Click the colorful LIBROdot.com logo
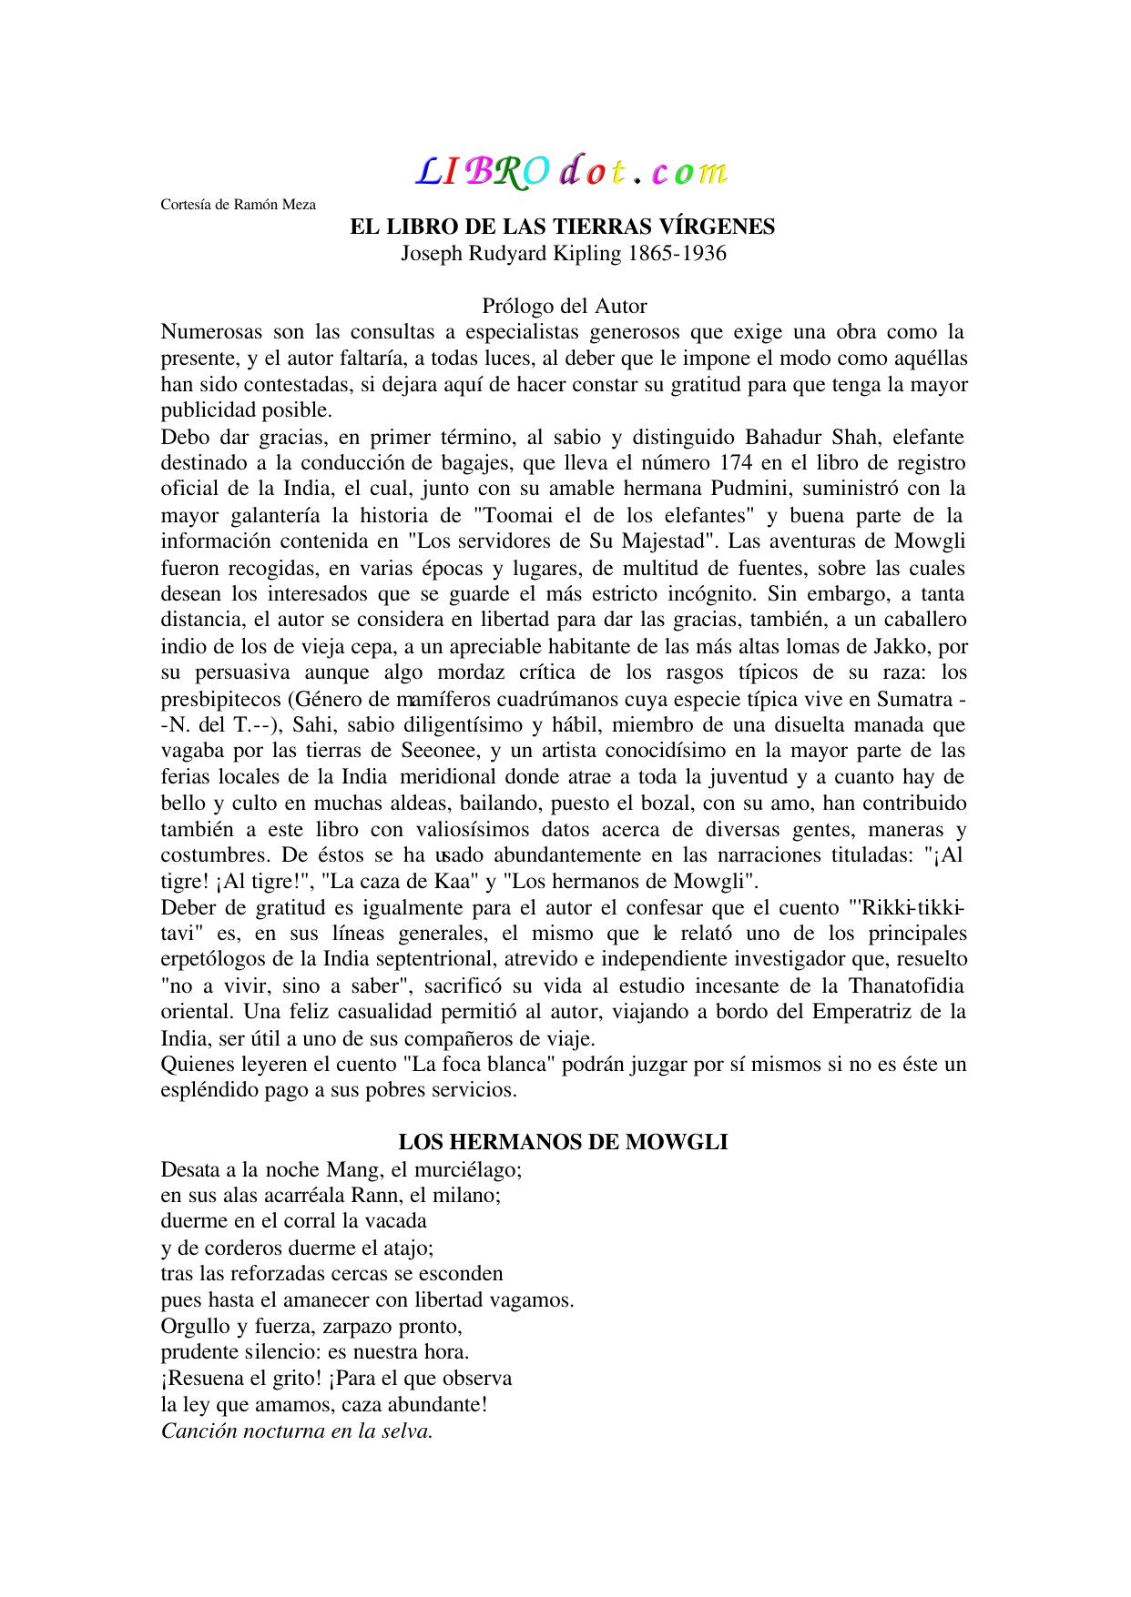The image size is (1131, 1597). (572, 171)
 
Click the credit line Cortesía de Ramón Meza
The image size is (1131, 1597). (238, 205)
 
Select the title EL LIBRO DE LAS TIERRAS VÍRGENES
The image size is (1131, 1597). (562, 227)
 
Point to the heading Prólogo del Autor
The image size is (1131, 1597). (564, 306)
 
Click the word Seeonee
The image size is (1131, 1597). (440, 751)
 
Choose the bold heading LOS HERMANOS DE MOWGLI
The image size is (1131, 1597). (563, 1143)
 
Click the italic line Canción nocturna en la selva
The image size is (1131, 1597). (296, 1431)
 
